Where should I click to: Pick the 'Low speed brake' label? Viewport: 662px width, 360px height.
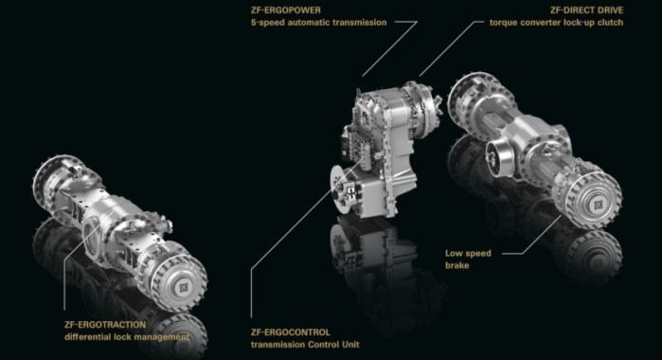[471, 257]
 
